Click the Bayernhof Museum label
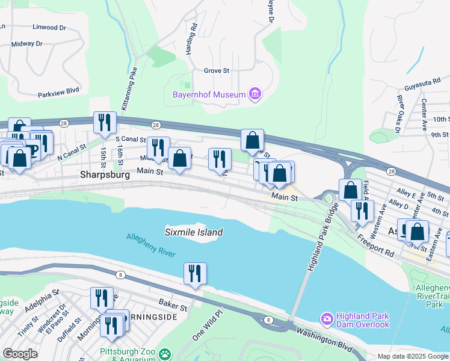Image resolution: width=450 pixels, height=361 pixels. (209, 94)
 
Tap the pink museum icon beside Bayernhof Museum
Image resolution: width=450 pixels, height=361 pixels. (255, 94)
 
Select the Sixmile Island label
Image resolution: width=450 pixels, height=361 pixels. (194, 232)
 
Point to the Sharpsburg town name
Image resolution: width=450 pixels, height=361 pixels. (105, 175)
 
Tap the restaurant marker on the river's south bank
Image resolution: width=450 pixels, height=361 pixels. (195, 273)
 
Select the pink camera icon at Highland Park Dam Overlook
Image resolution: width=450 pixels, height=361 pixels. (327, 318)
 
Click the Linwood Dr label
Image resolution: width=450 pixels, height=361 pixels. (49, 28)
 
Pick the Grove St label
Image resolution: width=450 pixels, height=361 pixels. (217, 70)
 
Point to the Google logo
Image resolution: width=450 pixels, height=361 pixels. (20, 354)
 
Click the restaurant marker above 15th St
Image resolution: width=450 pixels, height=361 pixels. (105, 122)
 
